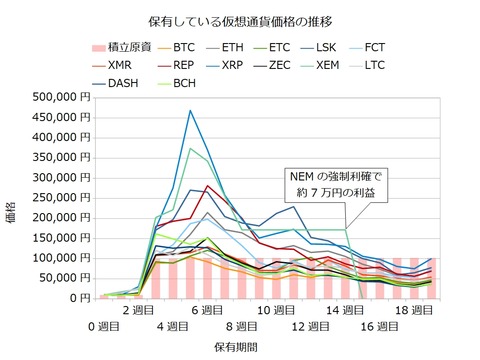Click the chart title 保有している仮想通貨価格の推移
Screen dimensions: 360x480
point(239,20)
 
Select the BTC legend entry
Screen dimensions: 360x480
point(184,46)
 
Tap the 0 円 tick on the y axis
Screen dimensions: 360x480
point(78,298)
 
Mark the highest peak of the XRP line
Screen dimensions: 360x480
point(190,111)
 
